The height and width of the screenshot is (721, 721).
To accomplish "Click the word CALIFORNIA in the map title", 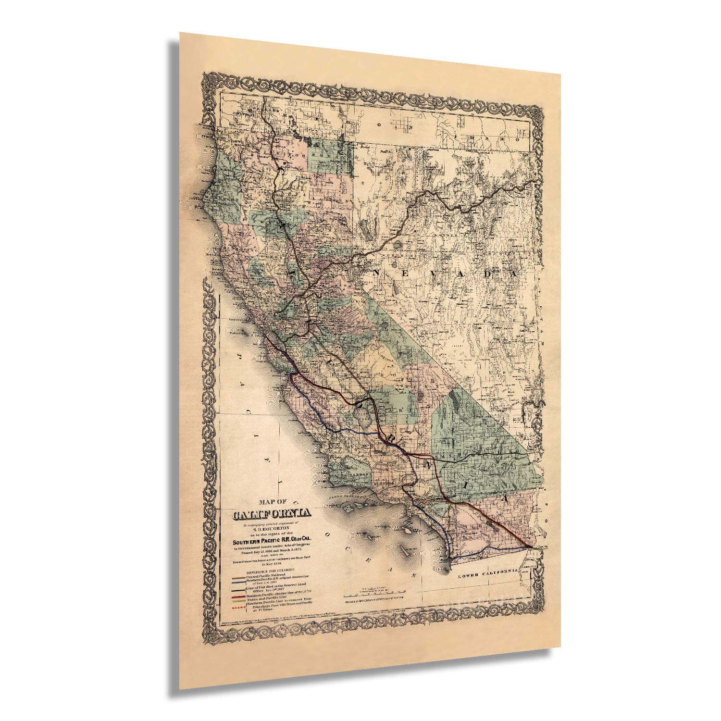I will coord(272,514).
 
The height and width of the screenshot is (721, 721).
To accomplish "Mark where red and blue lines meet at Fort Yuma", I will coord(531,547).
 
